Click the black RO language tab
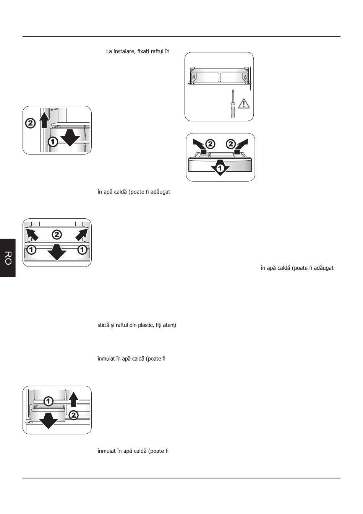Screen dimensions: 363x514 click(8, 258)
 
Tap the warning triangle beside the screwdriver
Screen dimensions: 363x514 click(244, 104)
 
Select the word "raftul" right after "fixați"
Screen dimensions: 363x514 click(157, 51)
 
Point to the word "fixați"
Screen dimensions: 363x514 click(143, 51)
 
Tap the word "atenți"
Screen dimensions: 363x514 click(169, 325)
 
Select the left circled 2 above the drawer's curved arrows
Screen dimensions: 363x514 click(210, 144)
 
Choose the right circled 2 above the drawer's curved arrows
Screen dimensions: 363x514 click(231, 144)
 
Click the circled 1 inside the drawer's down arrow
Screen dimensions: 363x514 click(220, 168)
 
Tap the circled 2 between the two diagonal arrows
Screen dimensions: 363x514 click(57, 234)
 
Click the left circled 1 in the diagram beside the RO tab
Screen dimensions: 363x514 click(31, 249)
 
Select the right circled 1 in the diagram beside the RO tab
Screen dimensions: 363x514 click(82, 249)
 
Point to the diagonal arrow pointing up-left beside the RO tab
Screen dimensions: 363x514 click(32, 234)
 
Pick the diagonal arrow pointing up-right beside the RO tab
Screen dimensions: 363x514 click(82, 234)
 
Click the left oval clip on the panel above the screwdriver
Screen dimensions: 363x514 click(194, 77)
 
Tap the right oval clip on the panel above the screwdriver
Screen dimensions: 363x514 click(245, 77)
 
